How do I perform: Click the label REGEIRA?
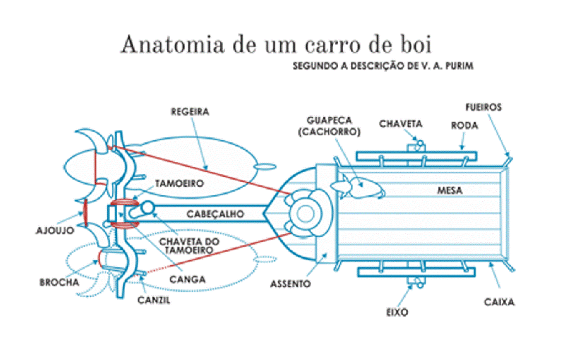(191, 111)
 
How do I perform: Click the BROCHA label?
(59, 281)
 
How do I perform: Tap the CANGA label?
(188, 279)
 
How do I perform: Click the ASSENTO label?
(290, 284)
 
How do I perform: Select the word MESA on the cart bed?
(450, 190)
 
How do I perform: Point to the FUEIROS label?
(484, 108)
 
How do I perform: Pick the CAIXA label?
(499, 302)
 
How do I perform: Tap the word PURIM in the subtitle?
(459, 66)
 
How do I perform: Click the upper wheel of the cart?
(416, 155)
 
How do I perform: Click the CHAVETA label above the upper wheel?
(400, 124)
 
